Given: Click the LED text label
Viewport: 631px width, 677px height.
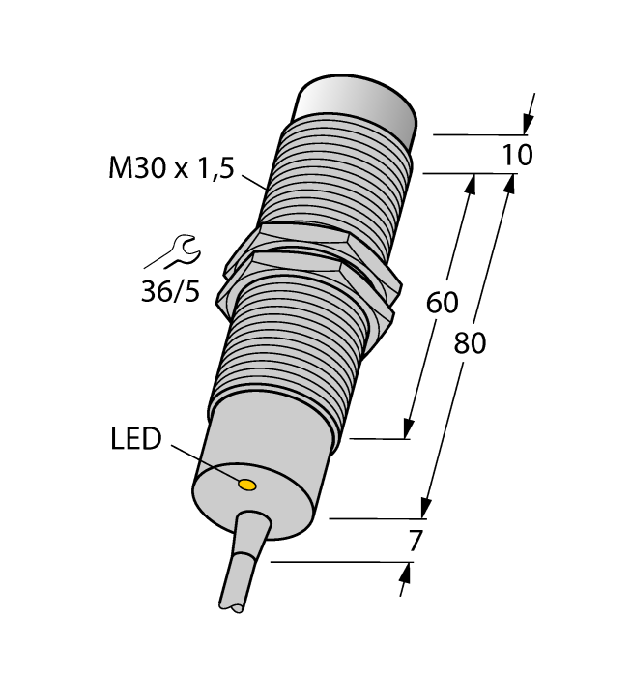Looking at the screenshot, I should tap(134, 440).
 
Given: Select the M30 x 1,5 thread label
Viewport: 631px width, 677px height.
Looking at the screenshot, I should tap(170, 169).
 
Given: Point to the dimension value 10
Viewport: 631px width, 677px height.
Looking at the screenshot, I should tap(518, 155).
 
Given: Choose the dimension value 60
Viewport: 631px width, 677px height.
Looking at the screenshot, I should tap(442, 303).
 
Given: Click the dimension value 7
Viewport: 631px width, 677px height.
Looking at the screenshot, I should tap(415, 543).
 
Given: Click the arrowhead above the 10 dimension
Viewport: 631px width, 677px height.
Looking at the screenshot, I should tap(527, 123).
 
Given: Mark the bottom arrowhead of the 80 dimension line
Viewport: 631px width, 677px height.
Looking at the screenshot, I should tap(424, 508).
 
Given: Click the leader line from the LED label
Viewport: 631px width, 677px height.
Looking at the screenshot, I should tap(203, 462).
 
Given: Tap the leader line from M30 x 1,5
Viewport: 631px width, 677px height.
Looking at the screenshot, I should tap(252, 181).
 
